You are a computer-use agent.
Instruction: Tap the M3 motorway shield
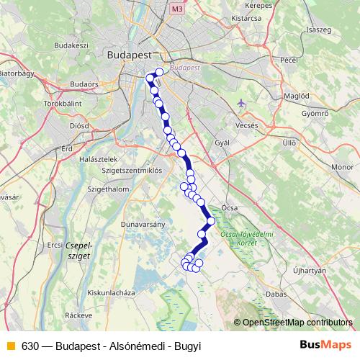click(177, 8)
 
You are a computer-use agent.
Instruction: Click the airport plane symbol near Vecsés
click(241, 103)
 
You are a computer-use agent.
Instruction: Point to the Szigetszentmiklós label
click(133, 170)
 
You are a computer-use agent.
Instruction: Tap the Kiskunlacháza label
click(111, 292)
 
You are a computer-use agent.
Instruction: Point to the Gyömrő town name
click(315, 113)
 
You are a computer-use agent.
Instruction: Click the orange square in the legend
click(9, 346)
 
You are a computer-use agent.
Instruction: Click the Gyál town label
click(222, 143)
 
